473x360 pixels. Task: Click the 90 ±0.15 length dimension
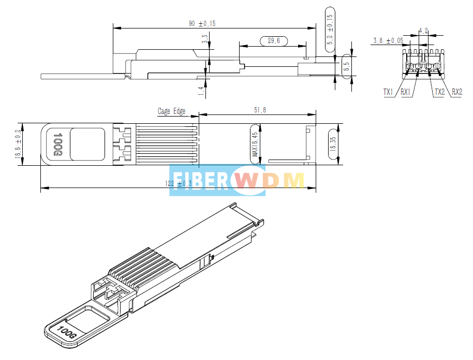[x=202, y=24]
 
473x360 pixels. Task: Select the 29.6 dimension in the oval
[x=273, y=41]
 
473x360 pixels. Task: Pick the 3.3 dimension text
[x=205, y=39]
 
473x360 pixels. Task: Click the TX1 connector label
[x=389, y=92]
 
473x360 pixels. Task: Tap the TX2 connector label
[x=439, y=92]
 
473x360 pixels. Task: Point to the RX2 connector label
[x=456, y=92]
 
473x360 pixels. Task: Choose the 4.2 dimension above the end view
[x=423, y=31]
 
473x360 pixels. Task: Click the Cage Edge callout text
[x=172, y=111]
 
